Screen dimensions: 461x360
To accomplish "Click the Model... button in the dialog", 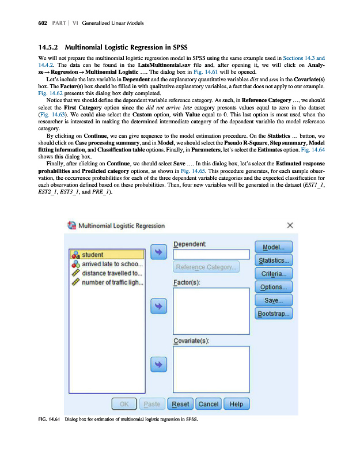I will coord(274,247).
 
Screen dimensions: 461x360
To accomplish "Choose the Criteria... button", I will coord(274,274).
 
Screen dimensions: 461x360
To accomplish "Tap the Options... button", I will coord(274,287).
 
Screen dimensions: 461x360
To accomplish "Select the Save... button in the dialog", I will coord(274,300).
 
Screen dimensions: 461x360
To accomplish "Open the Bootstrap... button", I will coord(274,314).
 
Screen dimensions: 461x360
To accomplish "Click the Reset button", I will coord(181,404).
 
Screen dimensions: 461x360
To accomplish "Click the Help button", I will coord(236,404).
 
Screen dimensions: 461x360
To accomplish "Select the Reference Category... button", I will coord(207,267).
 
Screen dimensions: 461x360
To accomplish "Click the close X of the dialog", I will coord(290,225).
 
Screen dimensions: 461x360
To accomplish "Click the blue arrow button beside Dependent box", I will coord(158,252).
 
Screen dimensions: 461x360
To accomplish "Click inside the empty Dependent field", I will coord(211,254).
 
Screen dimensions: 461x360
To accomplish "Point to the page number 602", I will coord(26,23).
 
